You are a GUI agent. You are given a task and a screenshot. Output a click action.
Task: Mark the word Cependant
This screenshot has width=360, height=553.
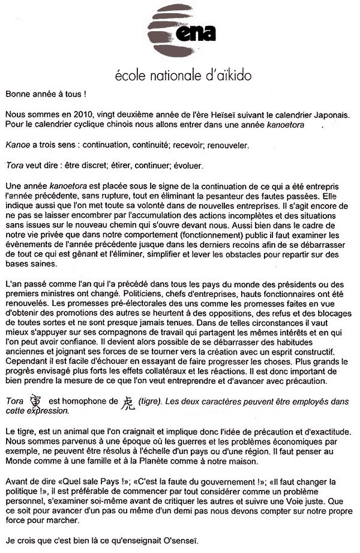(x=25, y=362)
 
